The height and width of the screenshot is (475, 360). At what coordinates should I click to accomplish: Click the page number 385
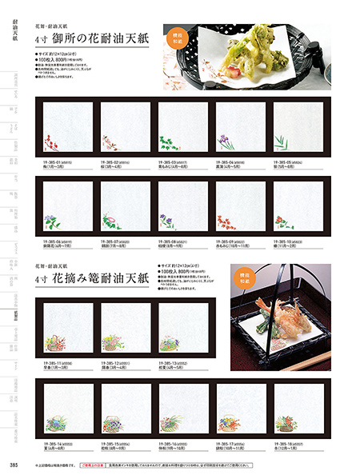tap(14, 465)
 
